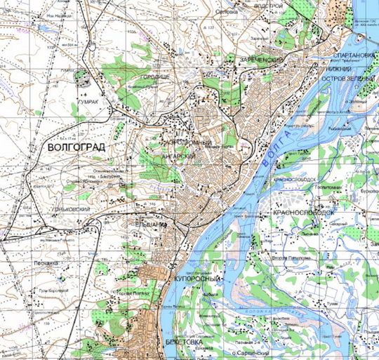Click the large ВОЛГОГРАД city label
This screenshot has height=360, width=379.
(x=77, y=149)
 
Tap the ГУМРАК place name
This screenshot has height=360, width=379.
(x=87, y=101)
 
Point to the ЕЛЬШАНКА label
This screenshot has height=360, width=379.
(x=150, y=225)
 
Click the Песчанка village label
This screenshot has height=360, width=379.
(x=26, y=260)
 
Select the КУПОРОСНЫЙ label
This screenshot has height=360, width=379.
(x=199, y=279)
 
